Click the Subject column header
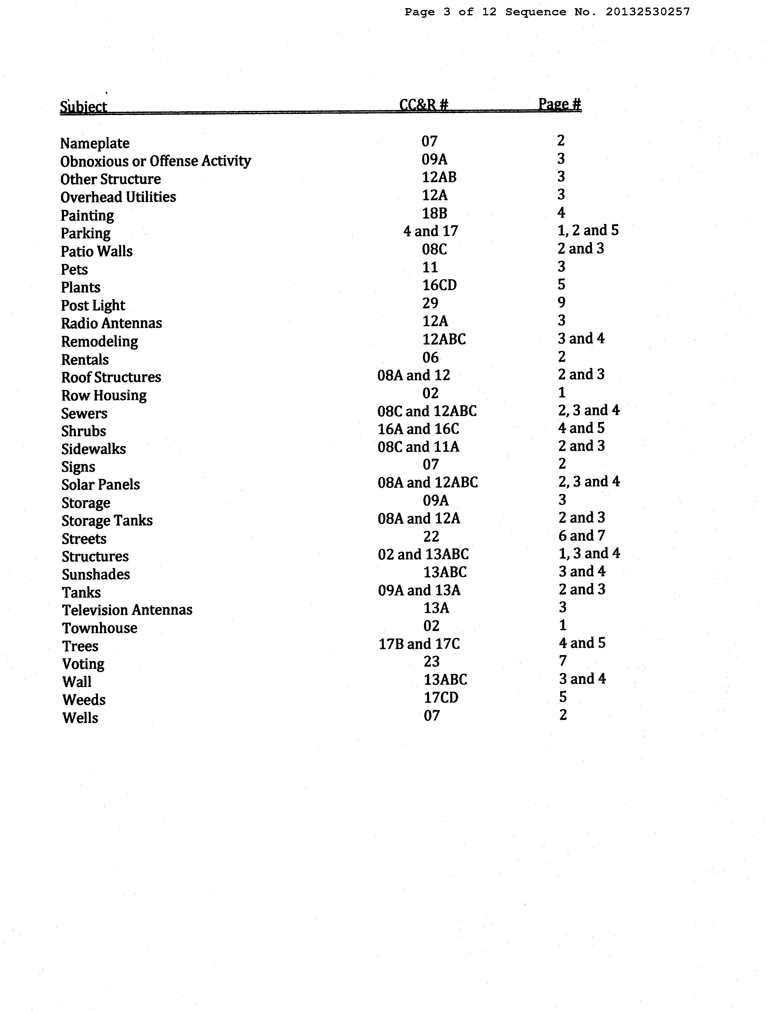coord(84,106)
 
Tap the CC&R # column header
coord(423,105)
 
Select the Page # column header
coord(559,104)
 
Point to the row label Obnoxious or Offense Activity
coord(155,161)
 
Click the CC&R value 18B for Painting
coord(434,213)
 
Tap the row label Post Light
coord(93,305)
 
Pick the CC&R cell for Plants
coord(439,285)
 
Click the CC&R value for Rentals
coord(430,357)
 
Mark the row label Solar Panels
coord(101,485)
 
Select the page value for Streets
coord(581,535)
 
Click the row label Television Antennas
coord(127,610)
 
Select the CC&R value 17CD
coord(441,698)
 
